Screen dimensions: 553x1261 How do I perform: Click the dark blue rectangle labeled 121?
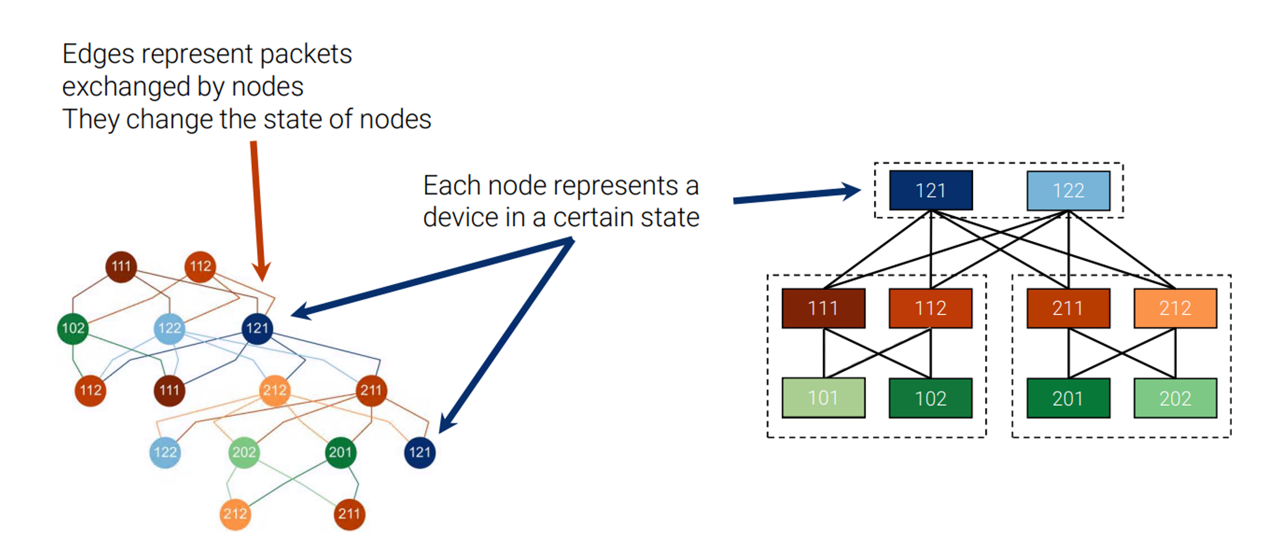tap(930, 190)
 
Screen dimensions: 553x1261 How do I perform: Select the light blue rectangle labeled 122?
tap(1068, 190)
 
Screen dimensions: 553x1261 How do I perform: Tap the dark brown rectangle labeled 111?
tap(823, 308)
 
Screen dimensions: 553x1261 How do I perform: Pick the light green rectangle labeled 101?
tap(823, 398)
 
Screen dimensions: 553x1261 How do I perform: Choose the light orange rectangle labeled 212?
tap(1175, 308)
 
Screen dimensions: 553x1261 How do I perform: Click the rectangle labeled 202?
tap(1175, 398)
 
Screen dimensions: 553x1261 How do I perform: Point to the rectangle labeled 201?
tap(1068, 398)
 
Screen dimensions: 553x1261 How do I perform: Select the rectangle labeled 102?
tap(930, 398)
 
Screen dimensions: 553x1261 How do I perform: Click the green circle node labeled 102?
tap(73, 328)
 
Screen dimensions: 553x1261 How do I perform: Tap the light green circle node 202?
tap(244, 452)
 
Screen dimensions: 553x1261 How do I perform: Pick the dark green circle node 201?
tap(340, 452)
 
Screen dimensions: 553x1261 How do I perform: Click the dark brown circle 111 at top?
tap(121, 266)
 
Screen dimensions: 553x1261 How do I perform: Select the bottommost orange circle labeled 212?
tap(235, 514)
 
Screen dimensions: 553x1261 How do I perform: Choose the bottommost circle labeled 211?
tap(349, 514)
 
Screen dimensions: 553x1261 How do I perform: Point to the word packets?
tap(305, 54)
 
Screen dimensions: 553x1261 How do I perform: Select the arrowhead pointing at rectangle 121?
tap(850, 191)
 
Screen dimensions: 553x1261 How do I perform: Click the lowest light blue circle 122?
tap(165, 452)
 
